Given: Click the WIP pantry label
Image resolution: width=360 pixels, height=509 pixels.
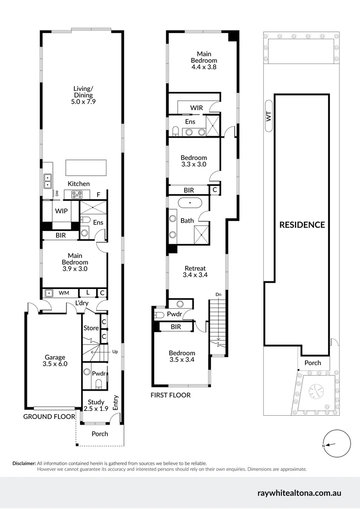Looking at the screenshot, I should click(x=61, y=211).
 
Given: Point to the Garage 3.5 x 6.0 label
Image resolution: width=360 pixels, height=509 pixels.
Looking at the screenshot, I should click(x=55, y=360).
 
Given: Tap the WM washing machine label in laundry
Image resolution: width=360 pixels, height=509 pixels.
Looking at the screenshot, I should click(x=64, y=293).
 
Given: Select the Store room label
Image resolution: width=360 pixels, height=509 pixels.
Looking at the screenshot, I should click(x=90, y=328).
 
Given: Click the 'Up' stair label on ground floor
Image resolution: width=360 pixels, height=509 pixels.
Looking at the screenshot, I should click(x=115, y=352).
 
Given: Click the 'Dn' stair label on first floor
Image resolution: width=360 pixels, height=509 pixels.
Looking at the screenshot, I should click(x=218, y=295).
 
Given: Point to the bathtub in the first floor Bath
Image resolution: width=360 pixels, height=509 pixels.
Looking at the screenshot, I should click(x=190, y=203).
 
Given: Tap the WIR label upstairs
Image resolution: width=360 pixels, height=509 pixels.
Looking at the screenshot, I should click(x=196, y=108).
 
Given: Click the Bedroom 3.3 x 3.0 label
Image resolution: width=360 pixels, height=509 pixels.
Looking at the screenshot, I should click(x=194, y=161).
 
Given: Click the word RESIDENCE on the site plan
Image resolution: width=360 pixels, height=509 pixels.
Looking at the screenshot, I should click(x=302, y=225).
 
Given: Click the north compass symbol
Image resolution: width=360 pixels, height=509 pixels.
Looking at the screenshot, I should click(x=337, y=444).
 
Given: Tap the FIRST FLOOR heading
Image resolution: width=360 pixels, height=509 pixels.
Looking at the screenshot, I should click(x=170, y=395).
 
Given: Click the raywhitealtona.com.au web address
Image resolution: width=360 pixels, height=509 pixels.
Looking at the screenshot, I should click(x=299, y=493).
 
